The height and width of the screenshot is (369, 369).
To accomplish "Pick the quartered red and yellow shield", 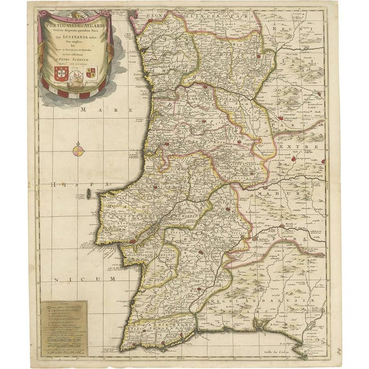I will [91, 72].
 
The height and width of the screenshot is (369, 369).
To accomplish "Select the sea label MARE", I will [93, 108].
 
